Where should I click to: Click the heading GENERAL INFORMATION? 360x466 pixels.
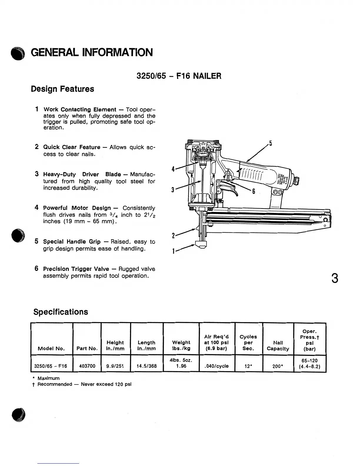pos(91,53)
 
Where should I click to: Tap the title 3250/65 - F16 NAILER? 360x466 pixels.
pos(179,76)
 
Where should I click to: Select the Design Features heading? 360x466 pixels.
pos(62,89)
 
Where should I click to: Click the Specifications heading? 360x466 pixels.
pos(61,312)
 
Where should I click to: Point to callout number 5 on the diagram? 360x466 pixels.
pos(270,144)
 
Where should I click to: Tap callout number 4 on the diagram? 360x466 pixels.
pos(174,169)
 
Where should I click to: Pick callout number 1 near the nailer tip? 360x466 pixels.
pos(174,251)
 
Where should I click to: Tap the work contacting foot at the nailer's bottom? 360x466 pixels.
pos(201,245)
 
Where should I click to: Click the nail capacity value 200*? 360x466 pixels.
pos(278,366)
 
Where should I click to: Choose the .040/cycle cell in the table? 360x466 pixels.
pos(216,366)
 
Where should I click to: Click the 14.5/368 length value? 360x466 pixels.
pos(146,366)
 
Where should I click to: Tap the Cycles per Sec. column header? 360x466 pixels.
pos(248,342)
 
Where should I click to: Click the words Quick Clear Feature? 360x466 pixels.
pos(72,147)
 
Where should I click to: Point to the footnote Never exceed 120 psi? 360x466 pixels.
pos(106,384)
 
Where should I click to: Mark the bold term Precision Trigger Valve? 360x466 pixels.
pos(76,269)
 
